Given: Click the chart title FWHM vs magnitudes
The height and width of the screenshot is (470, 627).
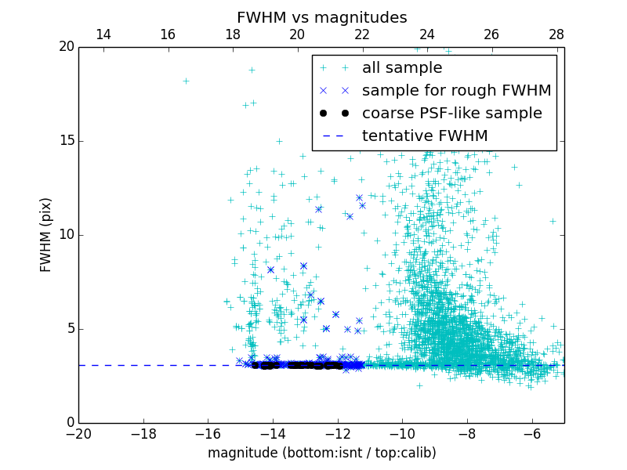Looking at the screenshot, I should coord(321,17).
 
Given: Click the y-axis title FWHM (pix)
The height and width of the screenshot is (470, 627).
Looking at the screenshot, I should coord(46,234).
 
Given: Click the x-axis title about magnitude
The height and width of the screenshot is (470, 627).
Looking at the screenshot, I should coord(321,453).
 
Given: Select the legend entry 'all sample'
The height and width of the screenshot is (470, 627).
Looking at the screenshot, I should coord(402,68).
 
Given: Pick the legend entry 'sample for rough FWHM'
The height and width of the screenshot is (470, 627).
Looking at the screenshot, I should coord(456,90).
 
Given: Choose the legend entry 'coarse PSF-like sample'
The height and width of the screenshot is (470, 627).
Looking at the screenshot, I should coord(451,113).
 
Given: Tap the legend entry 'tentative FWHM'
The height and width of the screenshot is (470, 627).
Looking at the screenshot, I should coord(425,136).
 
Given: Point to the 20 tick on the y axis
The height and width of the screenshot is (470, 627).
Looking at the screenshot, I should coord(66,47).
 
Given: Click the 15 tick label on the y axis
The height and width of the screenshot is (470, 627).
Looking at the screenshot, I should coord(66,141).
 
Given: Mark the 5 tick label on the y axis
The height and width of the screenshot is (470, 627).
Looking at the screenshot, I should coord(69,328).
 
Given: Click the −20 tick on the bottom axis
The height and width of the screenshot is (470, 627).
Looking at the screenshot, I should coord(78,433).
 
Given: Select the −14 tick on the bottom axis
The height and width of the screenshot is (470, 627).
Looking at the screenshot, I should coord(273,433).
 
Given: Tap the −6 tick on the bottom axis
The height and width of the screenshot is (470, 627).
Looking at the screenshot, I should coord(532,433).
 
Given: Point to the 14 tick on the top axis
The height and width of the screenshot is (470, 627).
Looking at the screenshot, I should coord(103,34).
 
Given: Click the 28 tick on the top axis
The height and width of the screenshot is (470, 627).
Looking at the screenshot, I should coord(556,34).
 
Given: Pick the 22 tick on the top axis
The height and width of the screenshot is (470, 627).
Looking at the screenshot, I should coord(362,34).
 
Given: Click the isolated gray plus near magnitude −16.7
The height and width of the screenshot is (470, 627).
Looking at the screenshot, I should coord(186,81).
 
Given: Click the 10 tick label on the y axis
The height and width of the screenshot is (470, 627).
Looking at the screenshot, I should coord(66,235).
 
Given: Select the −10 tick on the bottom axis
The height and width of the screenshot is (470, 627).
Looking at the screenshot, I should coord(402,433).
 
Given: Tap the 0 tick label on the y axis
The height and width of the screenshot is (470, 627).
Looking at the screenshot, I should coord(69,423).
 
